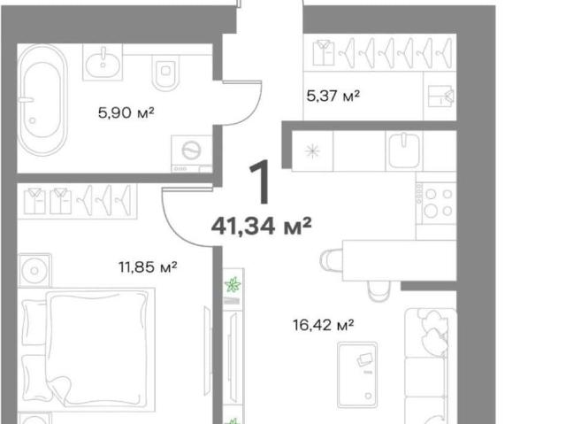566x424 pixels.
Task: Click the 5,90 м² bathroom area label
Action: [126, 112]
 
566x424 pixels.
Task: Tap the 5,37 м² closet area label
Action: [333, 96]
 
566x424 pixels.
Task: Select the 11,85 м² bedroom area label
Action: [148, 267]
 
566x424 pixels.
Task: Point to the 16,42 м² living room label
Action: [323, 325]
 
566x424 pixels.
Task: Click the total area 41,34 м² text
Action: [262, 226]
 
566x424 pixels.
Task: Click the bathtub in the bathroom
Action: [42, 100]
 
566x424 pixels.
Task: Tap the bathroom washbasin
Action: [103, 62]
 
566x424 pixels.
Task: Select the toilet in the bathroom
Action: [165, 73]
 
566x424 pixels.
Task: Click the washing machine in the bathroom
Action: [192, 154]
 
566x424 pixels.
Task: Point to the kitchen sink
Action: [404, 150]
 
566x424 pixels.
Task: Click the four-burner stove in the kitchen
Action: [436, 204]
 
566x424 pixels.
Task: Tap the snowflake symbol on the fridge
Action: [312, 151]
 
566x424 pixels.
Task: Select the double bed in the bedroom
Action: [88, 350]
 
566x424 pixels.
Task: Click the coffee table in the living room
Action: [357, 375]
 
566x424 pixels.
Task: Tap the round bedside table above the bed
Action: [34, 271]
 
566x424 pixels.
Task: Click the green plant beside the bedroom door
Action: [233, 285]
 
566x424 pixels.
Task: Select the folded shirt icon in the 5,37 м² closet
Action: [324, 53]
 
